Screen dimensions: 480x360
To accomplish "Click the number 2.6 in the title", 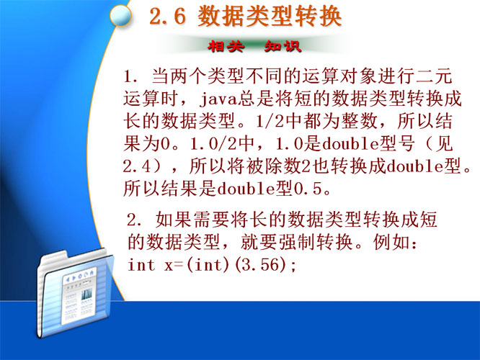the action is pyautogui.click(x=168, y=17).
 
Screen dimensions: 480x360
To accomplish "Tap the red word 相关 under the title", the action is pyautogui.click(x=226, y=47).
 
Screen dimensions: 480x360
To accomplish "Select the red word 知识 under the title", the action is pyautogui.click(x=283, y=47).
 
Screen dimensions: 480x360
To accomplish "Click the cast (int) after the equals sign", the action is pyautogui.click(x=208, y=264).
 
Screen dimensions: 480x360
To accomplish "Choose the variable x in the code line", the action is pyautogui.click(x=169, y=266).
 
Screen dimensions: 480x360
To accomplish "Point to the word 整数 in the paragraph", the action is pyautogui.click(x=360, y=122).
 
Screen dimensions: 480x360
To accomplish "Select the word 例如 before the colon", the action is pyautogui.click(x=391, y=242).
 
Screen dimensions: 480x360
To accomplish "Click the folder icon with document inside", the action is pyautogui.click(x=75, y=293).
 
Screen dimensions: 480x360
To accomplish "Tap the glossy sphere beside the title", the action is pyautogui.click(x=120, y=15).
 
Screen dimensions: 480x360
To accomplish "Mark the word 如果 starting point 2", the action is pyautogui.click(x=173, y=220).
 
